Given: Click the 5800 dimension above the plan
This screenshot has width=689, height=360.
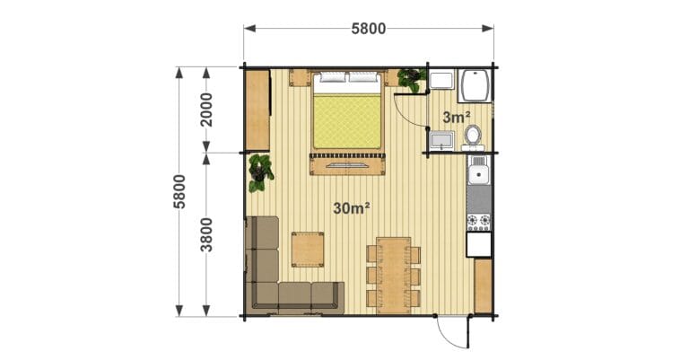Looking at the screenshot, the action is (369, 29).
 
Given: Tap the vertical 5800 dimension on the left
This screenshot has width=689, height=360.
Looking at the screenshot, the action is (179, 191).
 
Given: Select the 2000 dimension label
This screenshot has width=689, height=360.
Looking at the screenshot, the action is (205, 110).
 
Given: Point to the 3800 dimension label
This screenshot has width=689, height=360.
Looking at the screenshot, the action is (205, 234).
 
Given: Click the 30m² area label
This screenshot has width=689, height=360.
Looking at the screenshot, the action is (351, 208).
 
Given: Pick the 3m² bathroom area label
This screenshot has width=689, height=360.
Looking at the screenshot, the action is (457, 118).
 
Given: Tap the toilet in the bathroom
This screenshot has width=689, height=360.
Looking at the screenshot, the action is (473, 136).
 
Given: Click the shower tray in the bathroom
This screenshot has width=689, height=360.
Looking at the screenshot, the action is (475, 85).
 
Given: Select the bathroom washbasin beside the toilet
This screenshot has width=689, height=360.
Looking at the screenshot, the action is (441, 141).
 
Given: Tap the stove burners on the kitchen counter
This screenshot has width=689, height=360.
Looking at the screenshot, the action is (478, 221).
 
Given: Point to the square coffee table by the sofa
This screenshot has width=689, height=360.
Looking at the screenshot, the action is (308, 250).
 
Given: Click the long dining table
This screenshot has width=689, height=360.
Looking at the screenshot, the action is (393, 276).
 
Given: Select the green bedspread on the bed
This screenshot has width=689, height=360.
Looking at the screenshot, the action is (347, 122).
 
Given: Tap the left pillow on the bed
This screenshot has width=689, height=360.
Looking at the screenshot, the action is (332, 78).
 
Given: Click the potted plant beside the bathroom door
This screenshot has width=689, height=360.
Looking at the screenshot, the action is (411, 80).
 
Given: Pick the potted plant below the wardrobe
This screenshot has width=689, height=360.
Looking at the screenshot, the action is (260, 172).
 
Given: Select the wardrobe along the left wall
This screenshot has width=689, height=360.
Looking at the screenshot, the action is (258, 110).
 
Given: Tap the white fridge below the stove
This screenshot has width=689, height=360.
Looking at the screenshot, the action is (479, 244).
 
